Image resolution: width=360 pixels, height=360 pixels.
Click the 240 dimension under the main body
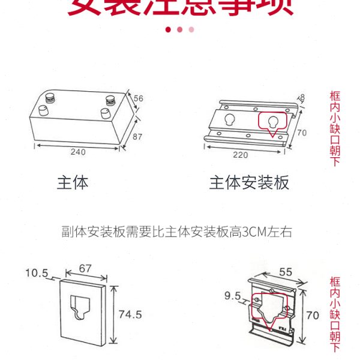(78, 152)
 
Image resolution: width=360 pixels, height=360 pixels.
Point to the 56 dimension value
(139, 98)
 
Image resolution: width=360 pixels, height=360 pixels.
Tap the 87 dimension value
(137, 137)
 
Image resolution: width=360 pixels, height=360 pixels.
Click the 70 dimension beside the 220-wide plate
(302, 132)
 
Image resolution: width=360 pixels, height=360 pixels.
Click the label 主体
(73, 182)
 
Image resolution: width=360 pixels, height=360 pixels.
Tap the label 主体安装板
(249, 182)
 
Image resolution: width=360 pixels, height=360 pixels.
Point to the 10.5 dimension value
(37, 273)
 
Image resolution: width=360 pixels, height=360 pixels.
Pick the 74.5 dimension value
(130, 314)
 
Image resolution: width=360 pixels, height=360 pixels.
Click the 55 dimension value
(286, 272)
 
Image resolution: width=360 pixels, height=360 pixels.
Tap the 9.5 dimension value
(233, 296)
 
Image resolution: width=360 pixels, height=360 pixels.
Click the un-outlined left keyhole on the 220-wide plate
(229, 120)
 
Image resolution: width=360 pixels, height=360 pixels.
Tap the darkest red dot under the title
(169, 29)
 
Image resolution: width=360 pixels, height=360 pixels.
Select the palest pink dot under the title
(191, 29)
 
